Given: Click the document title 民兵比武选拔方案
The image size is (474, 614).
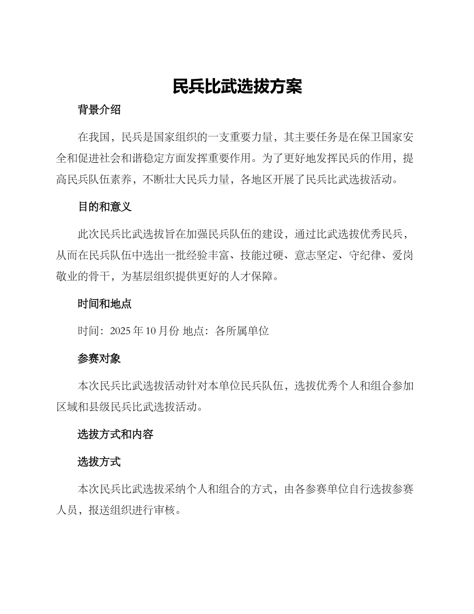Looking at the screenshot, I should point(237,86).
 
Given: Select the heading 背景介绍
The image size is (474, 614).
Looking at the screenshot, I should point(99,110).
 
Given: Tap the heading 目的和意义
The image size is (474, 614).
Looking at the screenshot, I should point(104,207).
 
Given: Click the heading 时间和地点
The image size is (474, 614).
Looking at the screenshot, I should point(104,304).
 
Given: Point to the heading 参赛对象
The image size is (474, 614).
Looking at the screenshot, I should point(99,358).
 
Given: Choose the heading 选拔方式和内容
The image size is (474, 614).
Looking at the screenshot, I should point(115,434).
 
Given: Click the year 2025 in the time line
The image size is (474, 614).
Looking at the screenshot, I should point(120,331).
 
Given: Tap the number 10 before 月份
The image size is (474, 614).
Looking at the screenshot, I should point(152,331).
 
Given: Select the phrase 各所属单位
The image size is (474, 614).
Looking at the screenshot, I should point(242,331).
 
